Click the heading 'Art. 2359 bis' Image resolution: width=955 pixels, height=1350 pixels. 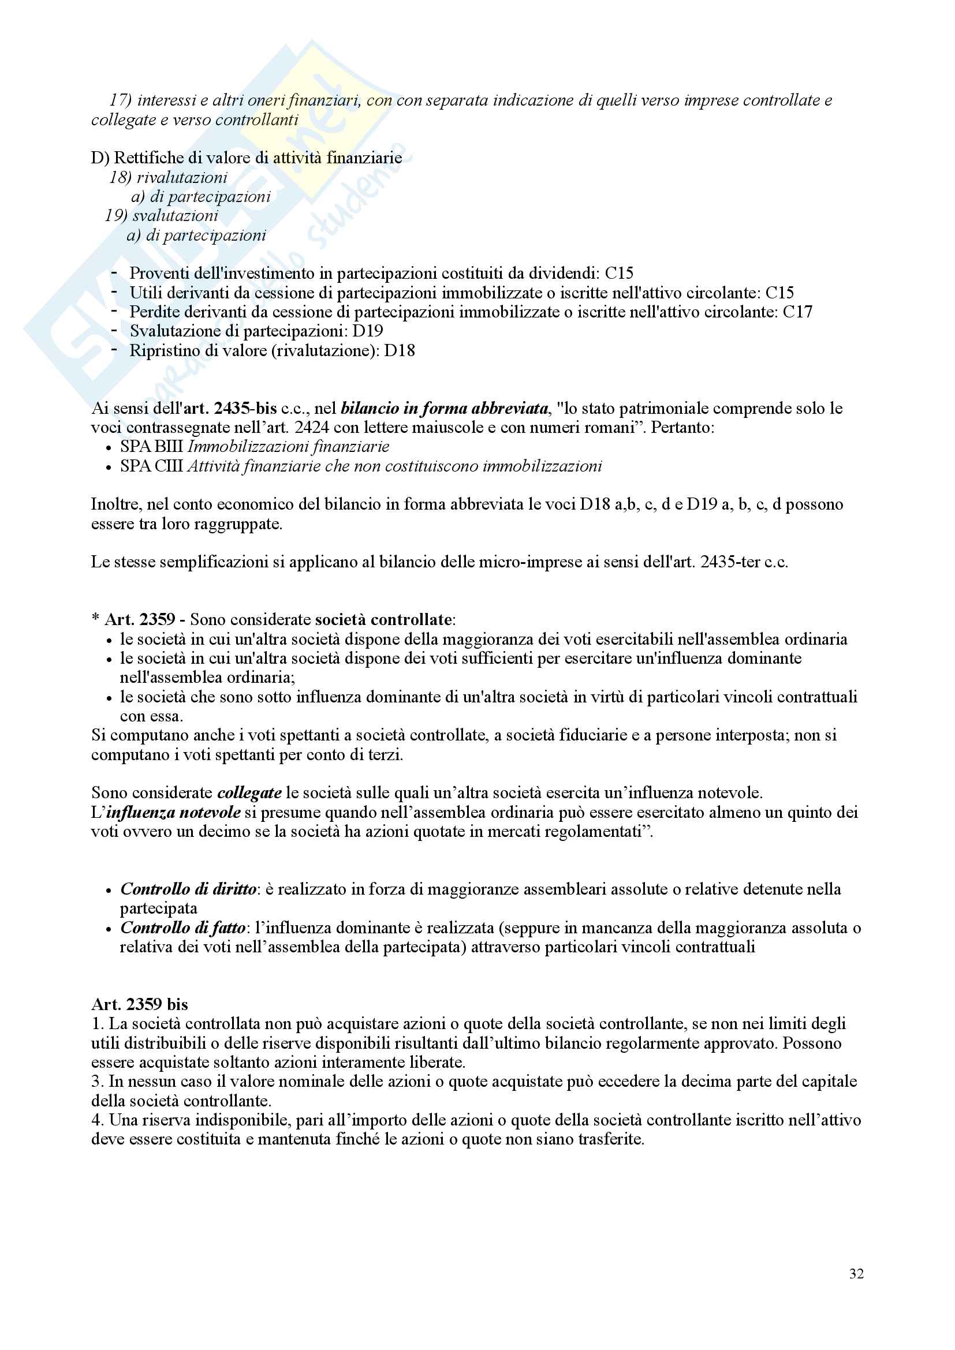pos(139,1004)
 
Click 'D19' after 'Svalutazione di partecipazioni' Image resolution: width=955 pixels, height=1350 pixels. pos(368,331)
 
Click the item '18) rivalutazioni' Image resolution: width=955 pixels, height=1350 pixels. pos(168,177)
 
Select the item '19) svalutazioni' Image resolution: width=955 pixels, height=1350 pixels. pos(162,215)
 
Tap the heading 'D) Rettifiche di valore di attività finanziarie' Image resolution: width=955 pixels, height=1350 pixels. pos(247,158)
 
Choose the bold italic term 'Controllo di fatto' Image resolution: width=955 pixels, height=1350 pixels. pos(183,928)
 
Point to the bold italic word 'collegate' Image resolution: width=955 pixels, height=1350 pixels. pos(249,792)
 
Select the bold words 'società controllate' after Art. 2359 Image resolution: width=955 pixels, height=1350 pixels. pos(383,619)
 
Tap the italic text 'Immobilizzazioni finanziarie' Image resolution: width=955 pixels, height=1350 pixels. pos(288,446)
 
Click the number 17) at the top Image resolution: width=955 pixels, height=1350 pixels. pos(120,100)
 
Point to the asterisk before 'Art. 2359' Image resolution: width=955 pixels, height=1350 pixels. pos(95,619)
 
